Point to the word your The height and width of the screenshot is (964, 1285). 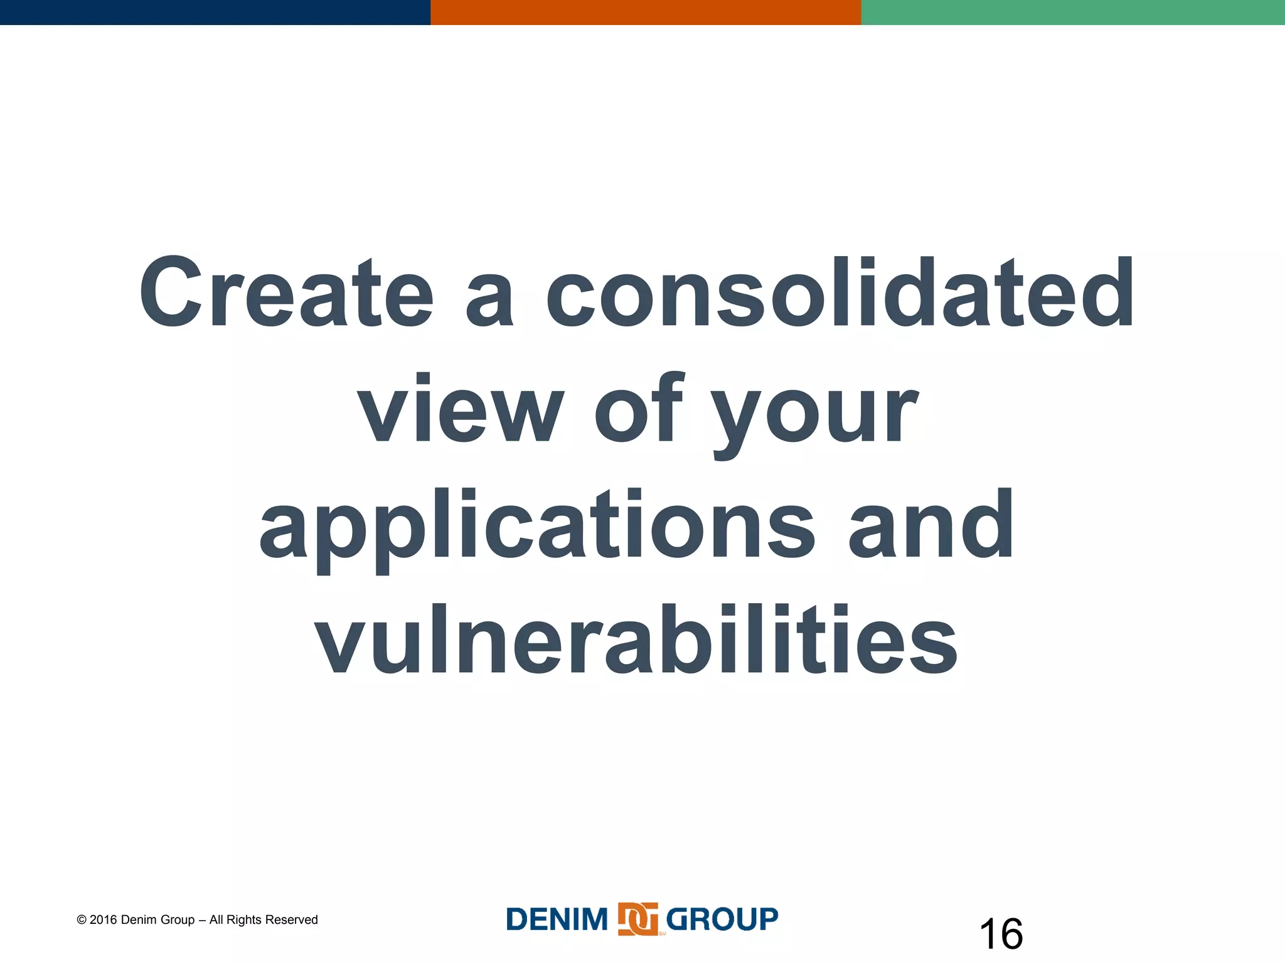[816, 414]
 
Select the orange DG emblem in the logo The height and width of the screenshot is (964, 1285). [637, 919]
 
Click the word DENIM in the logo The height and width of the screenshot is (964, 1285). [557, 920]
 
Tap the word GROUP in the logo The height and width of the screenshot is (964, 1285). [722, 920]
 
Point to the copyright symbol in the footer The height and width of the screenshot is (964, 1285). [82, 920]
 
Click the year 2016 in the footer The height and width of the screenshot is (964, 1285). [104, 920]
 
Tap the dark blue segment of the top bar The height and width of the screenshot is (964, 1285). [215, 12]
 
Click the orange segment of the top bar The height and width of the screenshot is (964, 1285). [645, 12]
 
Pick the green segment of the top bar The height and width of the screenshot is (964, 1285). [1073, 12]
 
